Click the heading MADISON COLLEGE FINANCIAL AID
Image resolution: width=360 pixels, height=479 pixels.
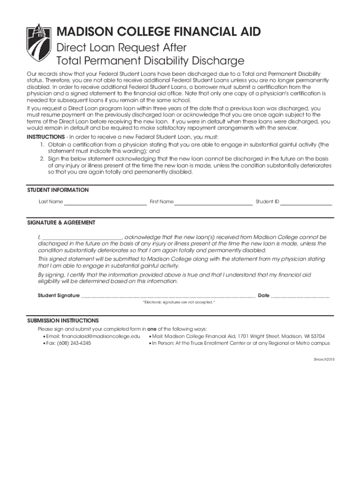158,32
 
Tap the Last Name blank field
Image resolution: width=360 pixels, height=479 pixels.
105,202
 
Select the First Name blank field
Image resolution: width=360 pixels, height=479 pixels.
213,202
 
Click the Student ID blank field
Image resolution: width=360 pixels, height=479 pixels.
306,202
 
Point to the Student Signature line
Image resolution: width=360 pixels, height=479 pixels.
168,296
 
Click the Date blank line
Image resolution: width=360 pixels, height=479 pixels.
300,296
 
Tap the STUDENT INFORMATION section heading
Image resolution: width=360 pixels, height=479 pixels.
58,190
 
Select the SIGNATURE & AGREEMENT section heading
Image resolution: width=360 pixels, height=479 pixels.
61,223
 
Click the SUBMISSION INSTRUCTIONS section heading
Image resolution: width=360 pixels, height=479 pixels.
63,321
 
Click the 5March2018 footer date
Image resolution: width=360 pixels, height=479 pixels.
324,359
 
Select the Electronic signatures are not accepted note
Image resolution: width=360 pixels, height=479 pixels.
179,303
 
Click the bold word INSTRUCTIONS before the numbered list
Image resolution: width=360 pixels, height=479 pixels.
45,137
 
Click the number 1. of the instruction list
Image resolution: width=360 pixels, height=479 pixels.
42,145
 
